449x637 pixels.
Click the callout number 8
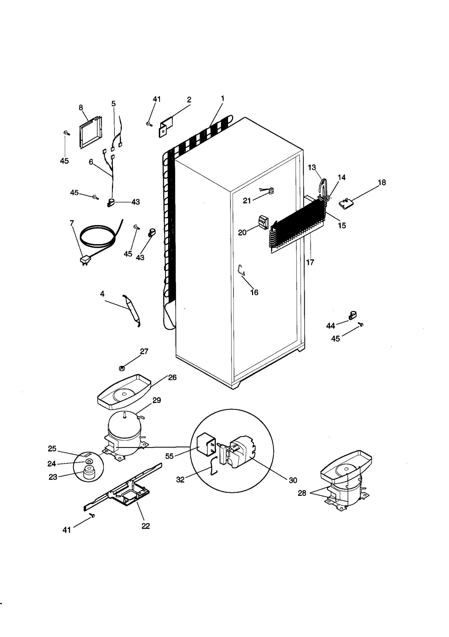(81, 108)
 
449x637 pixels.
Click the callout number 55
(169, 456)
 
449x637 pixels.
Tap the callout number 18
(382, 183)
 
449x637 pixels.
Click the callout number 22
(146, 526)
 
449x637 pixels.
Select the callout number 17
(310, 262)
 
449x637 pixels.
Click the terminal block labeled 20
(263, 222)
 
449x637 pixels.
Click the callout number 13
(312, 168)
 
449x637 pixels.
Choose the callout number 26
(172, 377)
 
